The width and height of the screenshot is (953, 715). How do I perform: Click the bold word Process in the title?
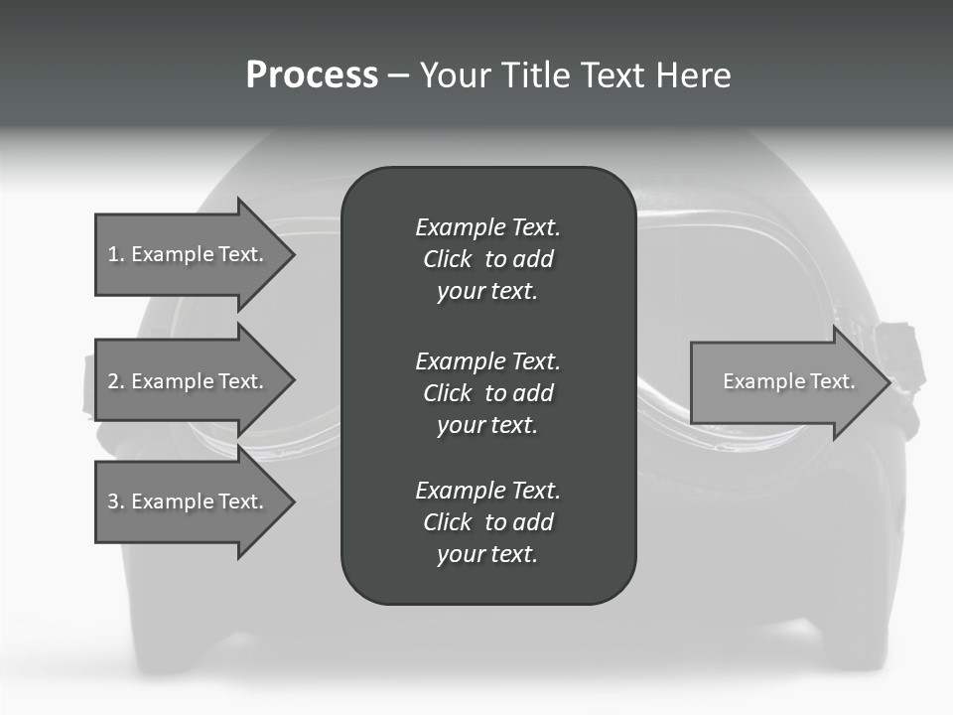click(312, 74)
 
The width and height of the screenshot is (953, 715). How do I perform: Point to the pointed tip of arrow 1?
click(292, 254)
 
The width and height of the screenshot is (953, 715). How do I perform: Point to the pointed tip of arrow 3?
click(292, 501)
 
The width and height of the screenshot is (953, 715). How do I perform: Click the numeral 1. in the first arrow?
click(115, 254)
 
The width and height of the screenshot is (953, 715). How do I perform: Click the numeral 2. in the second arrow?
click(115, 381)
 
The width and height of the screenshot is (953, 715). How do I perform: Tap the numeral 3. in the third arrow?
click(115, 501)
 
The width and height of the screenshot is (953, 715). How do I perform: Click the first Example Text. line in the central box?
click(487, 227)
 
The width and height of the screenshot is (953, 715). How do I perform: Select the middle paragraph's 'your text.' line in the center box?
click(487, 425)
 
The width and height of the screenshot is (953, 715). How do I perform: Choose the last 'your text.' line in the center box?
click(487, 554)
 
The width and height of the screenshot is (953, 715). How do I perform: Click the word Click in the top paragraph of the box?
click(448, 259)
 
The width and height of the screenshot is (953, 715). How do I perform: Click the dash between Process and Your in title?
click(399, 75)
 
